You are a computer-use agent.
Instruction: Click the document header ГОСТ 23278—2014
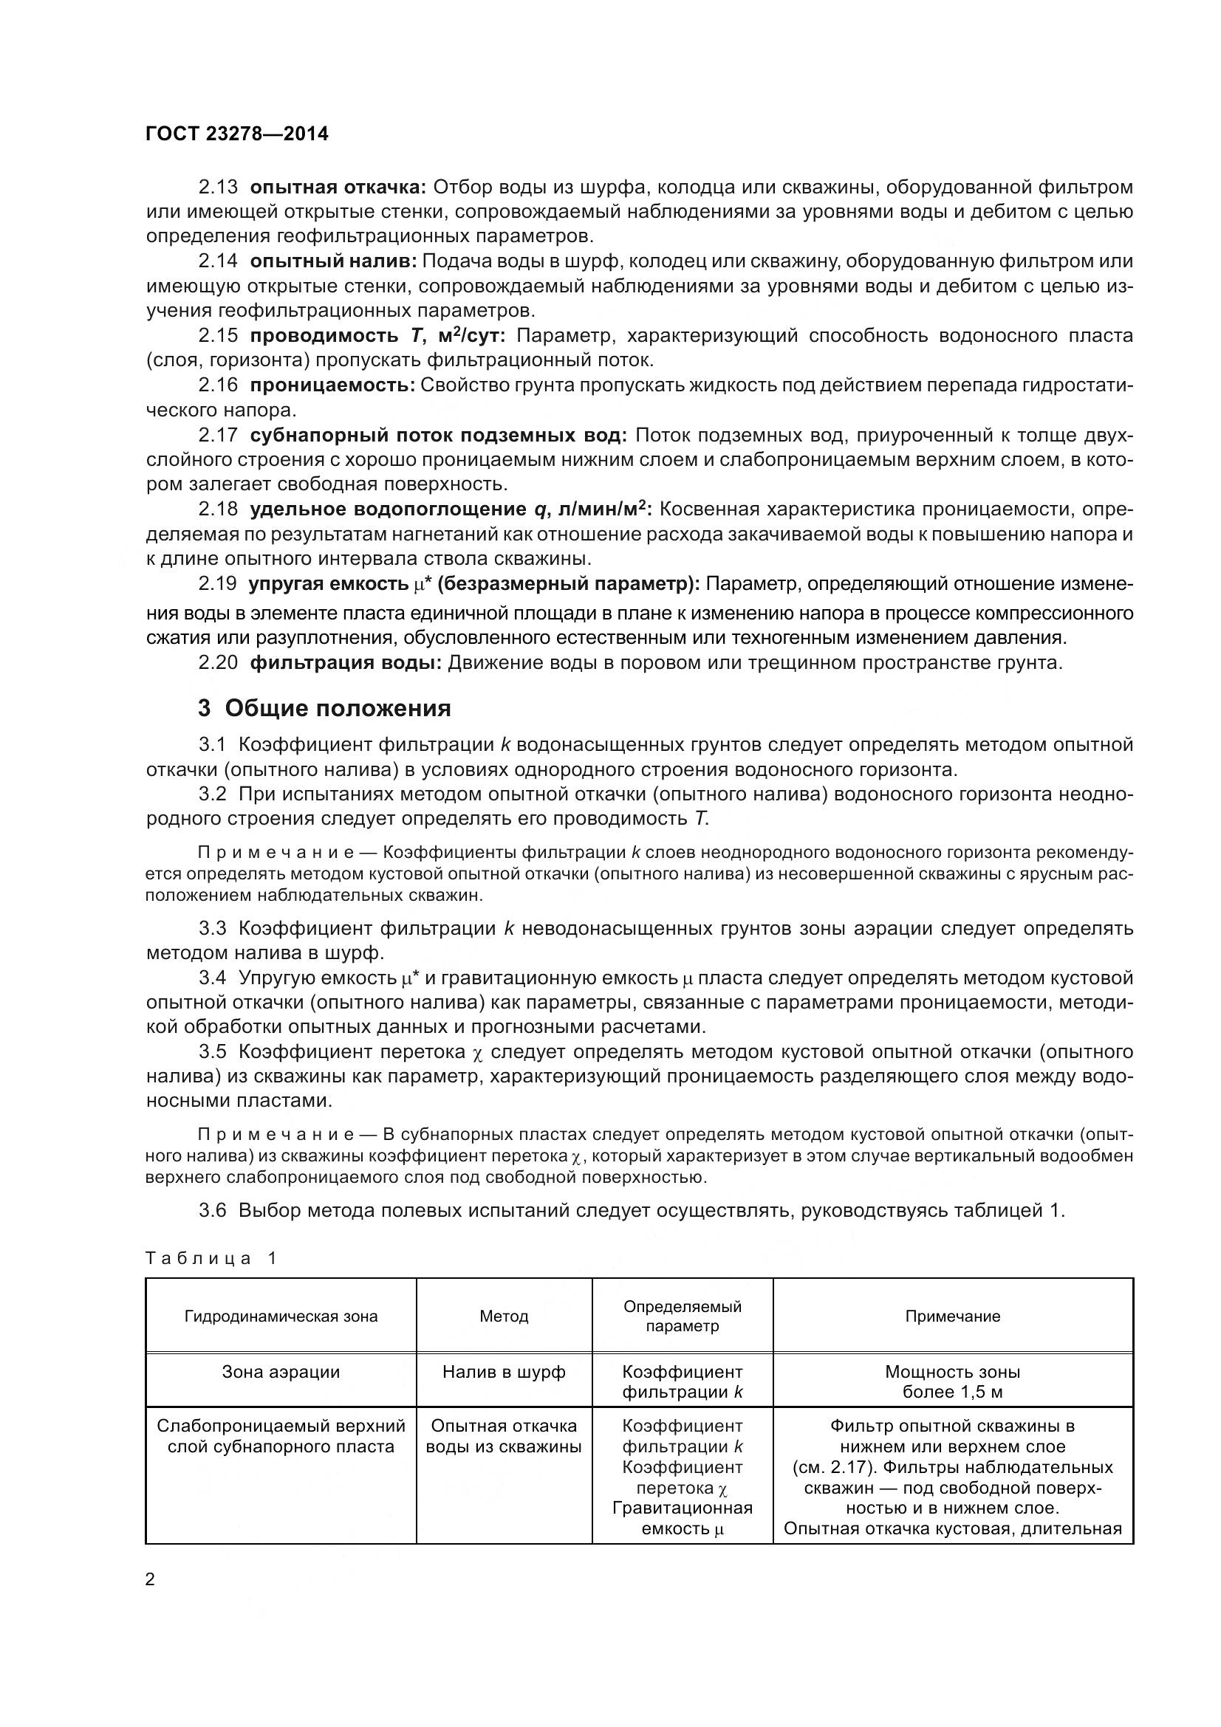click(237, 134)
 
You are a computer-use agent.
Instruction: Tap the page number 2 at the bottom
click(150, 1579)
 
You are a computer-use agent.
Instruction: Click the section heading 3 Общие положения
click(324, 709)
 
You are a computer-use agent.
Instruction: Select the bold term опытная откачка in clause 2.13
click(338, 187)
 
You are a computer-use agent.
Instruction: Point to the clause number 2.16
click(218, 385)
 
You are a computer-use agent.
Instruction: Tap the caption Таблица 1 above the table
click(211, 1258)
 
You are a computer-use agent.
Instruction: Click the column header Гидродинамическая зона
click(281, 1316)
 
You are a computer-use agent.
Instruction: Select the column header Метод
click(504, 1316)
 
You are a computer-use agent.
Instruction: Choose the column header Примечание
click(952, 1316)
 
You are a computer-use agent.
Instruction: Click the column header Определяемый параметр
click(683, 1316)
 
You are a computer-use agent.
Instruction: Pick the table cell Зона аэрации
click(281, 1372)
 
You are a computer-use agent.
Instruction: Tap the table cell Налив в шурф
click(504, 1372)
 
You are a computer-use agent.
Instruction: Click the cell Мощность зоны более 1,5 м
click(952, 1381)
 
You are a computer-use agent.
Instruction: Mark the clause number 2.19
click(218, 584)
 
